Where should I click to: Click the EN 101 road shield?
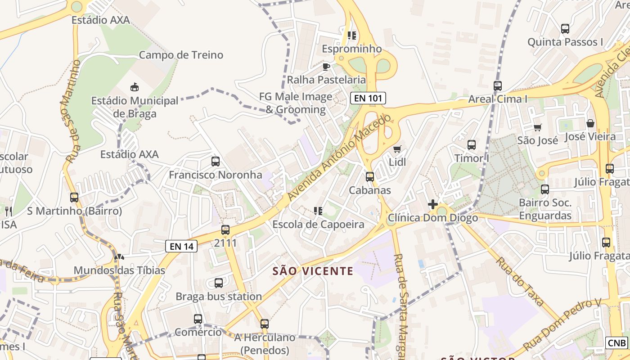368,98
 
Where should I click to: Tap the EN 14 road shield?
182,246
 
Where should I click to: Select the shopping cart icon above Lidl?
397,149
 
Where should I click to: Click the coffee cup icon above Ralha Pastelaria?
326,67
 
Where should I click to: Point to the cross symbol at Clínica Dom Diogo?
432,204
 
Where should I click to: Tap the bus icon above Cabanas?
370,177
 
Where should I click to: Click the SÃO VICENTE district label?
313,271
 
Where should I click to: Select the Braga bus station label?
219,297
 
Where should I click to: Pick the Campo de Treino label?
181,55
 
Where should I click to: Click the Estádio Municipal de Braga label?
135,107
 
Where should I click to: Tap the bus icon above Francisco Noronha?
216,161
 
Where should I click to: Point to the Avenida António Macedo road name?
340,158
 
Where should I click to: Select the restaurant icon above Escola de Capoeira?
318,211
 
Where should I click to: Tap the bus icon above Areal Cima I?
498,85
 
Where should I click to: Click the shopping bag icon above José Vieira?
590,123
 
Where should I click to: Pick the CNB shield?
616,343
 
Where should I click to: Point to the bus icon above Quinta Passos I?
565,29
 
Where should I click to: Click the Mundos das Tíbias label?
119,270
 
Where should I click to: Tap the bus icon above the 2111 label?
225,230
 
